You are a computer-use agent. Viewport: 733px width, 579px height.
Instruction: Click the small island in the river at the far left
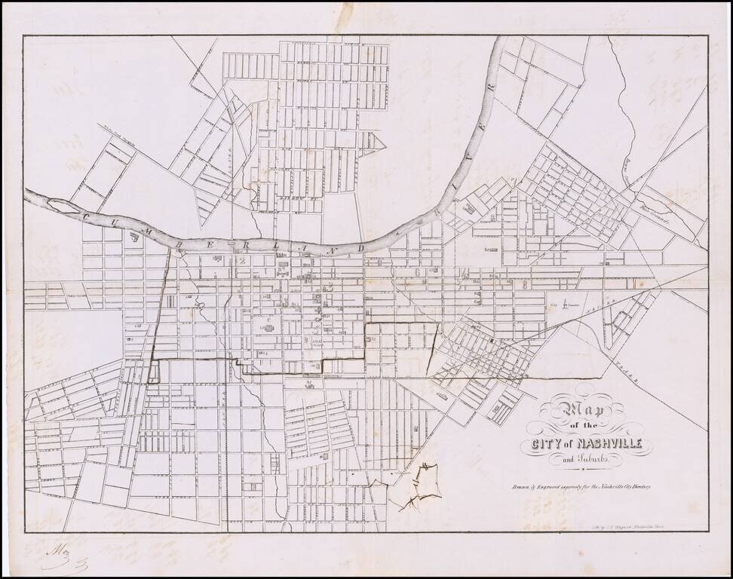coord(60,204)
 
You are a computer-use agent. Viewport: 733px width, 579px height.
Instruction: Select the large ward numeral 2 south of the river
coord(243,261)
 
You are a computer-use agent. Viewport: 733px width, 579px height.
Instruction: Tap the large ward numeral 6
coord(419,272)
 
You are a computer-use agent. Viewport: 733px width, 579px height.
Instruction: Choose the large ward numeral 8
coord(525,283)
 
